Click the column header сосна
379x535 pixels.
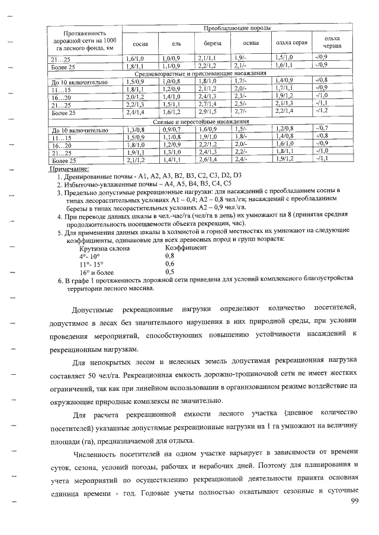click(140, 44)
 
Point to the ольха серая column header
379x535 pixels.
click(290, 44)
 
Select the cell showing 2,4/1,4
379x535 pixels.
click(136, 112)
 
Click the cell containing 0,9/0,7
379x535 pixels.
click(172, 129)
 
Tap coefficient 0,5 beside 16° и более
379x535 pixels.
click(169, 271)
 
